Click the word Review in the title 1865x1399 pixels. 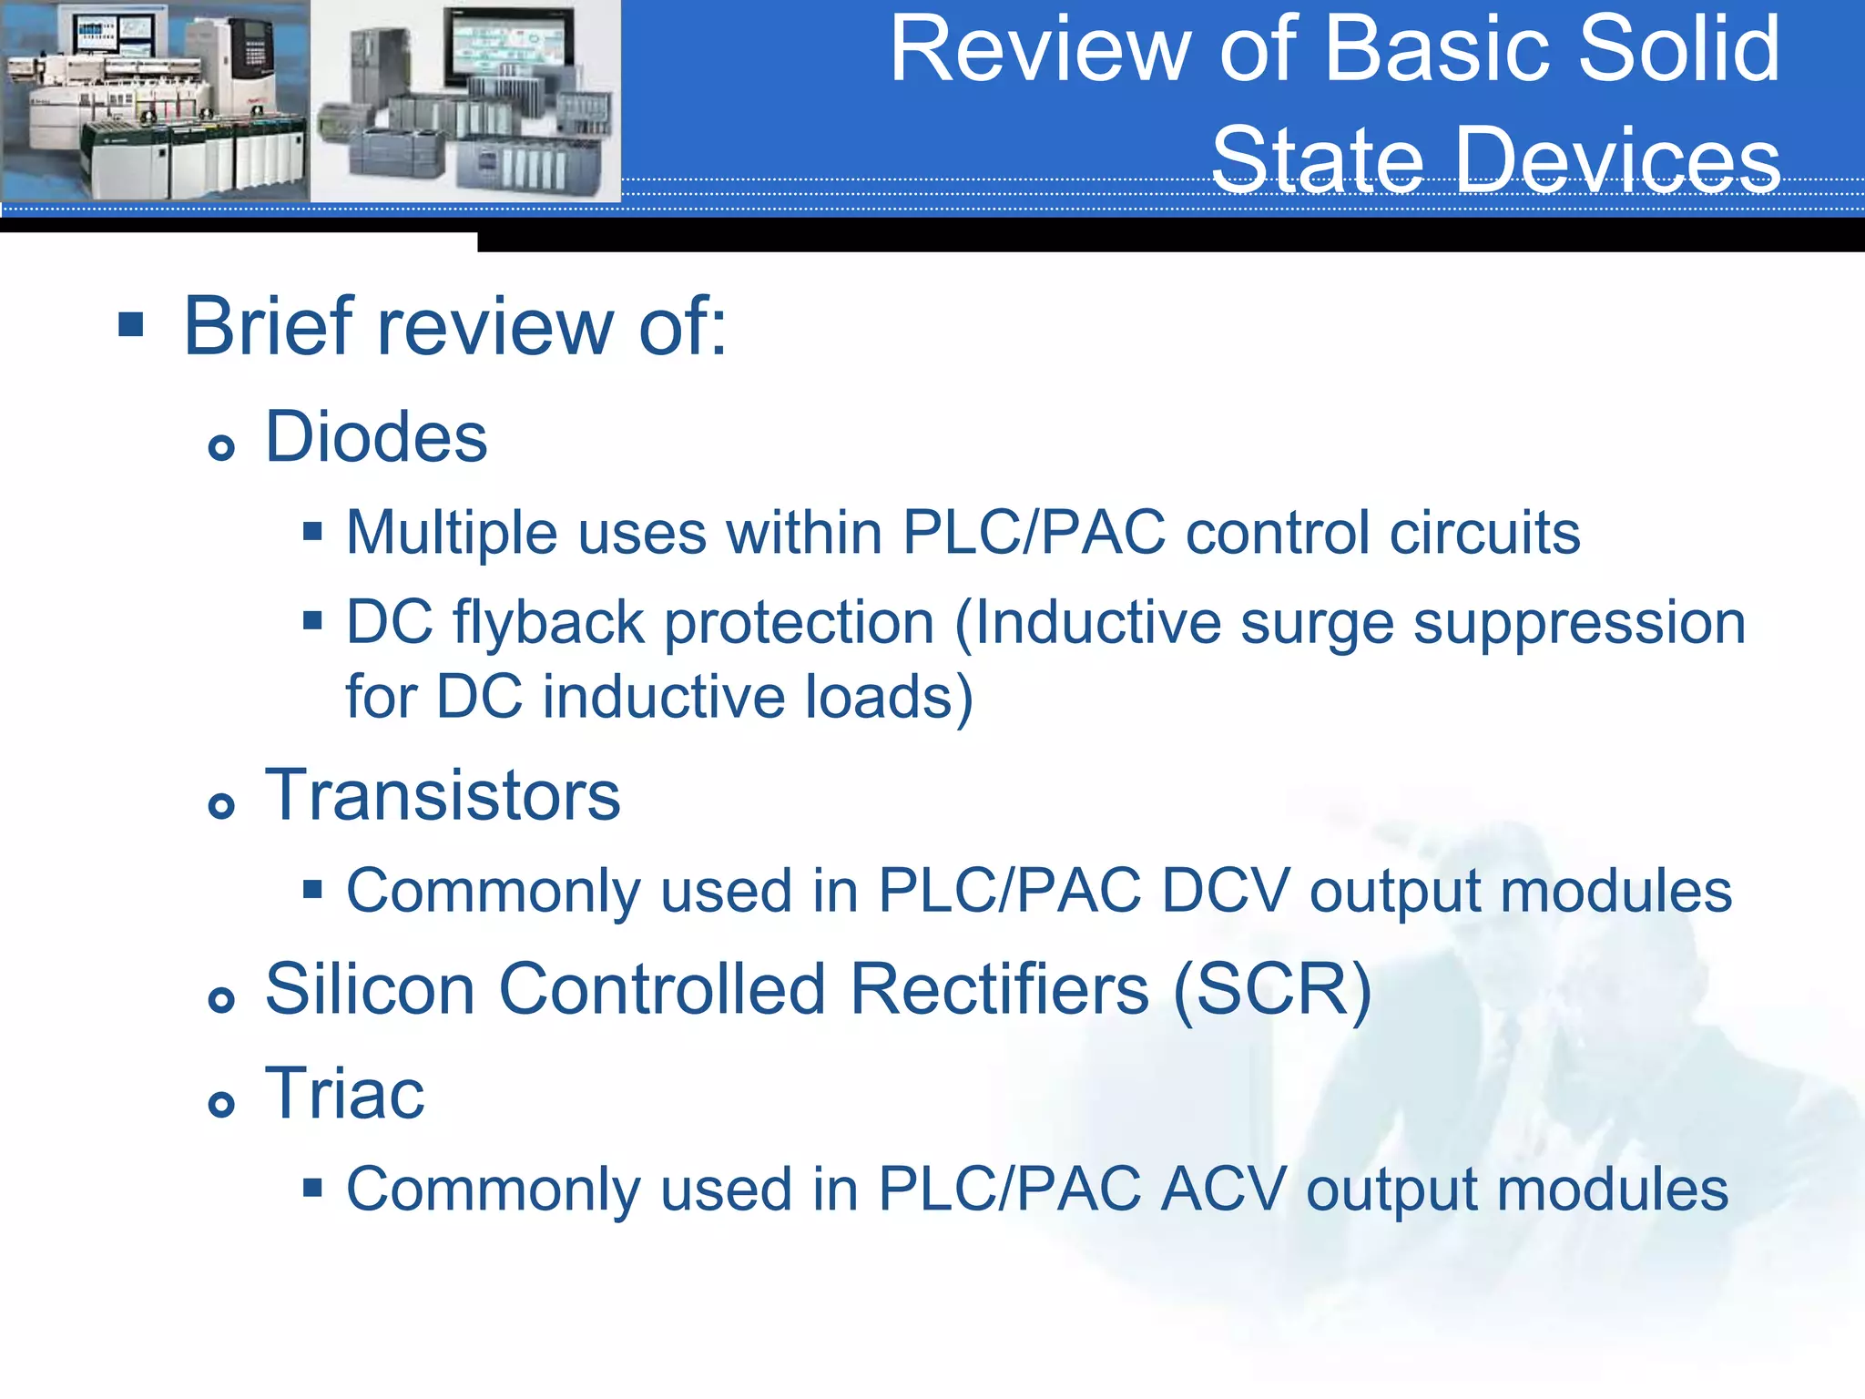coord(1040,50)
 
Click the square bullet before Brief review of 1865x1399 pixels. coord(131,324)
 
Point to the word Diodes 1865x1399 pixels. coord(376,437)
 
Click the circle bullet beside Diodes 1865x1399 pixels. coord(221,447)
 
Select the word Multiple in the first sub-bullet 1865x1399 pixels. coord(451,533)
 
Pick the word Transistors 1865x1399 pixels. coord(443,795)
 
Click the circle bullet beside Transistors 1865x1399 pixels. coord(221,805)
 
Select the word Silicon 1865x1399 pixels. coord(370,990)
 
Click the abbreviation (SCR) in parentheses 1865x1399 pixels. coord(1271,990)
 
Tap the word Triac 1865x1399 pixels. coord(344,1094)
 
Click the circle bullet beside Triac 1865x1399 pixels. coord(221,1105)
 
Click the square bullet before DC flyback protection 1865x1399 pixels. coord(312,622)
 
